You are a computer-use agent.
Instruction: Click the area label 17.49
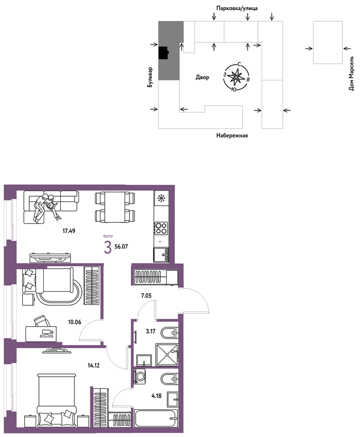[x=69, y=231]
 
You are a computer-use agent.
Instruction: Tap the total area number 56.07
[x=121, y=246]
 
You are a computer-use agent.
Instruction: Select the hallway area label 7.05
[x=146, y=296]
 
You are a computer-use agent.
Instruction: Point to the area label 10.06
[x=75, y=322]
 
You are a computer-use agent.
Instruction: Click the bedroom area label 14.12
[x=94, y=365]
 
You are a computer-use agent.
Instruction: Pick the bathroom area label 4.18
[x=157, y=395]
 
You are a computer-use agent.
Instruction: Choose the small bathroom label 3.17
[x=151, y=331]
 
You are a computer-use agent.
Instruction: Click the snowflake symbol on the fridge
[x=161, y=198]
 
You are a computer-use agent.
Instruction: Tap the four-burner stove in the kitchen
[x=161, y=228]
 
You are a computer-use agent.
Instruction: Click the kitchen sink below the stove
[x=161, y=255]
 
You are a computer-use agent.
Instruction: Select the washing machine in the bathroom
[x=141, y=377]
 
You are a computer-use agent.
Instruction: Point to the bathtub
[x=156, y=418]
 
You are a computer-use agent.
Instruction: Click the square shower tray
[x=166, y=354]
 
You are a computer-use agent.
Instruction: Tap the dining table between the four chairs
[x=115, y=207]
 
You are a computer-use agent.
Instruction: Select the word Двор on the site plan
[x=202, y=77]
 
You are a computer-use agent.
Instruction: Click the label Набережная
[x=232, y=136]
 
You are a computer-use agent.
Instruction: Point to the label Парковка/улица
[x=237, y=9]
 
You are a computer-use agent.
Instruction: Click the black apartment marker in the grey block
[x=163, y=52]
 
